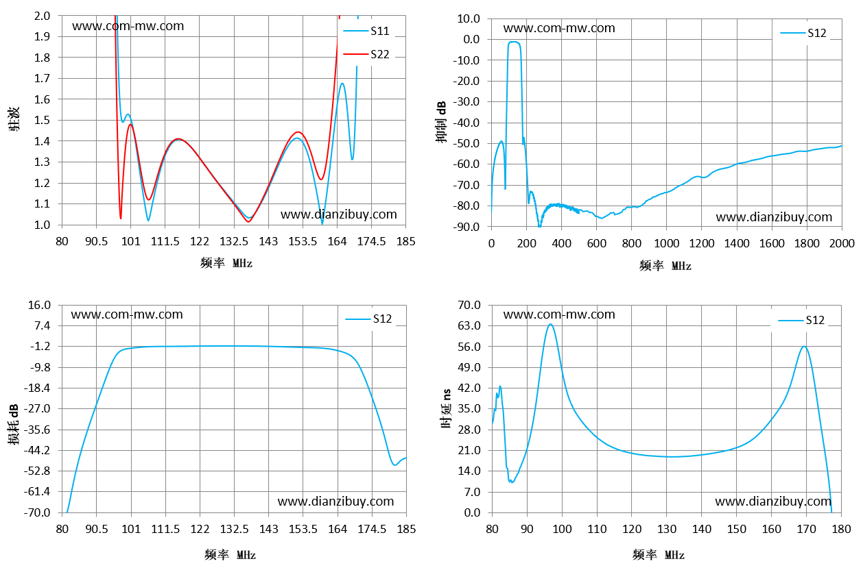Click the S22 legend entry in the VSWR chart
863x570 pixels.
(366, 54)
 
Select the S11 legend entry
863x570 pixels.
(366, 31)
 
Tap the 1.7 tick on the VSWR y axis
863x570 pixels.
(42, 79)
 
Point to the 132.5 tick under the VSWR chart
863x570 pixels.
(234, 241)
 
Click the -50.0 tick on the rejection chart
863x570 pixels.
(466, 144)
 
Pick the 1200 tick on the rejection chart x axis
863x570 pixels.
(702, 243)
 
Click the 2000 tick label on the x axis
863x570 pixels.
(842, 243)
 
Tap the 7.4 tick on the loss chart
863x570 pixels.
(43, 326)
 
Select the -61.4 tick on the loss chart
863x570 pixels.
(37, 491)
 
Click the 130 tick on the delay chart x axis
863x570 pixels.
(667, 529)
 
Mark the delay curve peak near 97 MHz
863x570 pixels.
(551, 324)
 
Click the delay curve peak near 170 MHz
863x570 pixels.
(805, 347)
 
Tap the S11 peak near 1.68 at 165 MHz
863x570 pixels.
(342, 83)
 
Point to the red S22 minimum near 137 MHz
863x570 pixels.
(248, 222)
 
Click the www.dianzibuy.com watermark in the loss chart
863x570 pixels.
(335, 501)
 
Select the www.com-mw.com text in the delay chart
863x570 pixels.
(559, 314)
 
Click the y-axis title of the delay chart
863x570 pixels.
(446, 408)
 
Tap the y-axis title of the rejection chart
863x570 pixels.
(442, 122)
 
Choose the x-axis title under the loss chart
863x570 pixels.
(230, 555)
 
